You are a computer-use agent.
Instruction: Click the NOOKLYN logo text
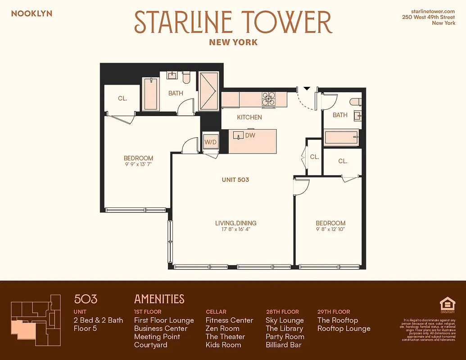point(32,13)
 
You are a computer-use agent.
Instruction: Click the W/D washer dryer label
point(211,142)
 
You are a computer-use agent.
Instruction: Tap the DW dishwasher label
point(250,135)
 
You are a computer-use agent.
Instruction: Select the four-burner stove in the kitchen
point(269,99)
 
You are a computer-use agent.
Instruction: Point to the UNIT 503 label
point(235,180)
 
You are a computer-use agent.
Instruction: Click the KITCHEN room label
point(249,117)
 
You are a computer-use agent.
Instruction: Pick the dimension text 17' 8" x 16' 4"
point(235,229)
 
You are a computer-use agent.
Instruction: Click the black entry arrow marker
point(307,88)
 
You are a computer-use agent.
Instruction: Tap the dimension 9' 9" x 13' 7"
point(138,165)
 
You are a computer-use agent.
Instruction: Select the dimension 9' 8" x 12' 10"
point(330,229)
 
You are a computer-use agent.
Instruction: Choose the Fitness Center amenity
point(229,320)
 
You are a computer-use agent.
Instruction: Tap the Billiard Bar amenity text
point(284,345)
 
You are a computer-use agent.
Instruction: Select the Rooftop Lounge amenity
point(344,328)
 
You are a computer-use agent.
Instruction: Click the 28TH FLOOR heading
point(282,311)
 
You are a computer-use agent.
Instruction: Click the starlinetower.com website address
point(433,11)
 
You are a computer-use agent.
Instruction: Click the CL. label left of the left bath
point(122,98)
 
